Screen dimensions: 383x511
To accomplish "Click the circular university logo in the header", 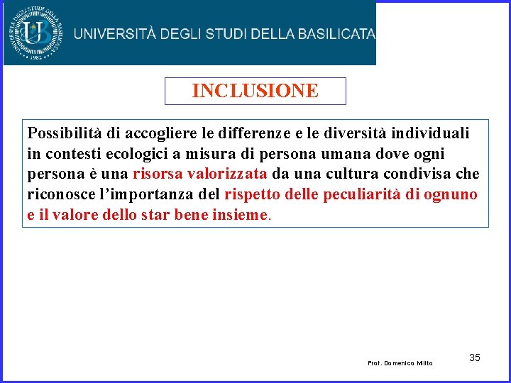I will coord(35,33).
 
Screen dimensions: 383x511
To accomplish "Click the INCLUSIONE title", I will coord(255,91).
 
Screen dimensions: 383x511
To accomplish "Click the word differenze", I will coord(239,133).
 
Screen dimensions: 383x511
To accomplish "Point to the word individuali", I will coord(432,133).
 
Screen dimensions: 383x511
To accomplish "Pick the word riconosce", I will coord(59,195).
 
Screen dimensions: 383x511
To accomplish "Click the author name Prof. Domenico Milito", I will coord(400,363).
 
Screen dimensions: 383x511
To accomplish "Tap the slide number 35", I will coord(474,357).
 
